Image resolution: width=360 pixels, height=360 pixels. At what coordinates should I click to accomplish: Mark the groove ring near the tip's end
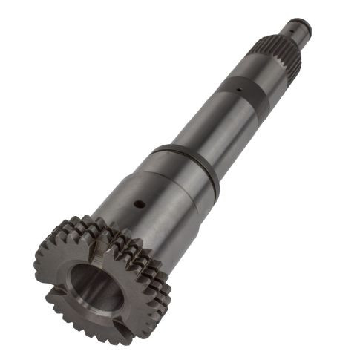(x=290, y=35)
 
